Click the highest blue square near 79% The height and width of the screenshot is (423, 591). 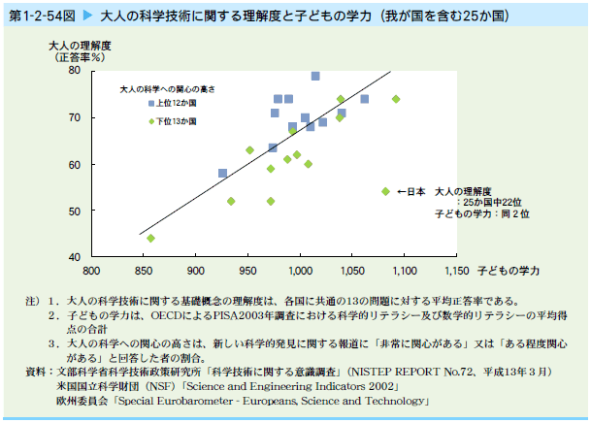pyautogui.click(x=315, y=76)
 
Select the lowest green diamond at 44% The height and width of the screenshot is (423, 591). pyautogui.click(x=150, y=238)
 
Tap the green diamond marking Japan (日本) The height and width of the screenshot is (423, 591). pyautogui.click(x=385, y=192)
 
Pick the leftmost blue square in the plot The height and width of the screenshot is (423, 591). pyautogui.click(x=223, y=173)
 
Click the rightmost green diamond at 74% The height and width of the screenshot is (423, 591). pyautogui.click(x=396, y=99)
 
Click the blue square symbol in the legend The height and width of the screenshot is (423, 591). pyautogui.click(x=150, y=103)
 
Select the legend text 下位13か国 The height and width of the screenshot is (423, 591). pyautogui.click(x=178, y=121)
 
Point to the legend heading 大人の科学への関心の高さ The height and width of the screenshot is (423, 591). pyautogui.click(x=166, y=88)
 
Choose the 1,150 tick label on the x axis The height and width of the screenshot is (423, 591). pyautogui.click(x=456, y=270)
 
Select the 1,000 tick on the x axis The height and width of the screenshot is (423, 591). pyautogui.click(x=300, y=270)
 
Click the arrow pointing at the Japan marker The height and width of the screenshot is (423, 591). pyautogui.click(x=403, y=192)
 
